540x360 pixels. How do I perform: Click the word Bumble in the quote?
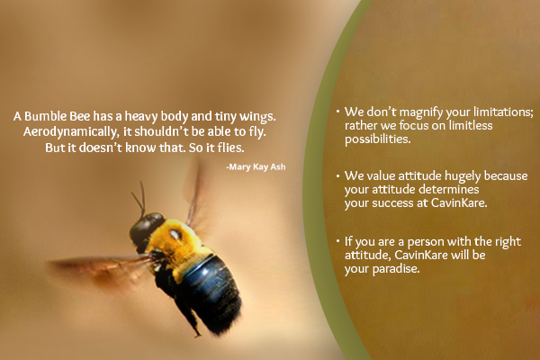[46, 116]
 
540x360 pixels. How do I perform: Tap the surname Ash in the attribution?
[278, 166]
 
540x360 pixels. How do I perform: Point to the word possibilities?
[378, 139]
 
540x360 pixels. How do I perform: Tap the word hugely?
[463, 176]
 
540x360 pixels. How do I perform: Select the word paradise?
[396, 269]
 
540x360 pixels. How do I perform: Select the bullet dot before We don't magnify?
[338, 112]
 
